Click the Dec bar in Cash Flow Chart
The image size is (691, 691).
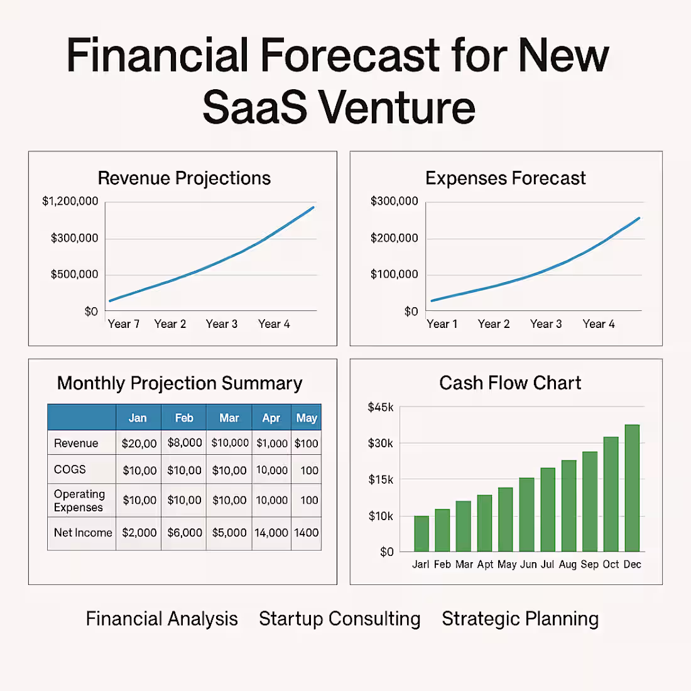click(x=632, y=489)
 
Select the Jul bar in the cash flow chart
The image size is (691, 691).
click(x=548, y=510)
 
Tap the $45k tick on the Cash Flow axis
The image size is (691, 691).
click(x=381, y=407)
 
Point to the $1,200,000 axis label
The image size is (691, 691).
click(x=70, y=201)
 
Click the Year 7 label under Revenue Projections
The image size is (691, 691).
click(x=123, y=324)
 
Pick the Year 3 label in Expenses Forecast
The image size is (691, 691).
click(x=546, y=324)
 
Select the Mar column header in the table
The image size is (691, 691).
click(x=229, y=418)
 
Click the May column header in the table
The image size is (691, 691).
click(x=307, y=418)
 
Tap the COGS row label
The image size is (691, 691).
click(x=70, y=469)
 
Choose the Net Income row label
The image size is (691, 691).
click(x=83, y=533)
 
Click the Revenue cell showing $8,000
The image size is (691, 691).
click(x=185, y=443)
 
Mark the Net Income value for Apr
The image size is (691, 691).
click(x=271, y=533)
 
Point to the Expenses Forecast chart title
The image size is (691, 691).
click(x=505, y=178)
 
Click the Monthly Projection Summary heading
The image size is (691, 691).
click(x=180, y=383)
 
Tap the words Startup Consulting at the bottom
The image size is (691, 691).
click(x=340, y=619)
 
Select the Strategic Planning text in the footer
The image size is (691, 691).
click(x=520, y=619)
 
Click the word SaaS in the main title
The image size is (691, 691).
click(x=255, y=107)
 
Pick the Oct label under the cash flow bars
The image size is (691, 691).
click(x=611, y=564)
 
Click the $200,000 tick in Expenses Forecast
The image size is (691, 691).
click(x=394, y=238)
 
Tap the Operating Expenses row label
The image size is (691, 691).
click(x=79, y=501)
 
